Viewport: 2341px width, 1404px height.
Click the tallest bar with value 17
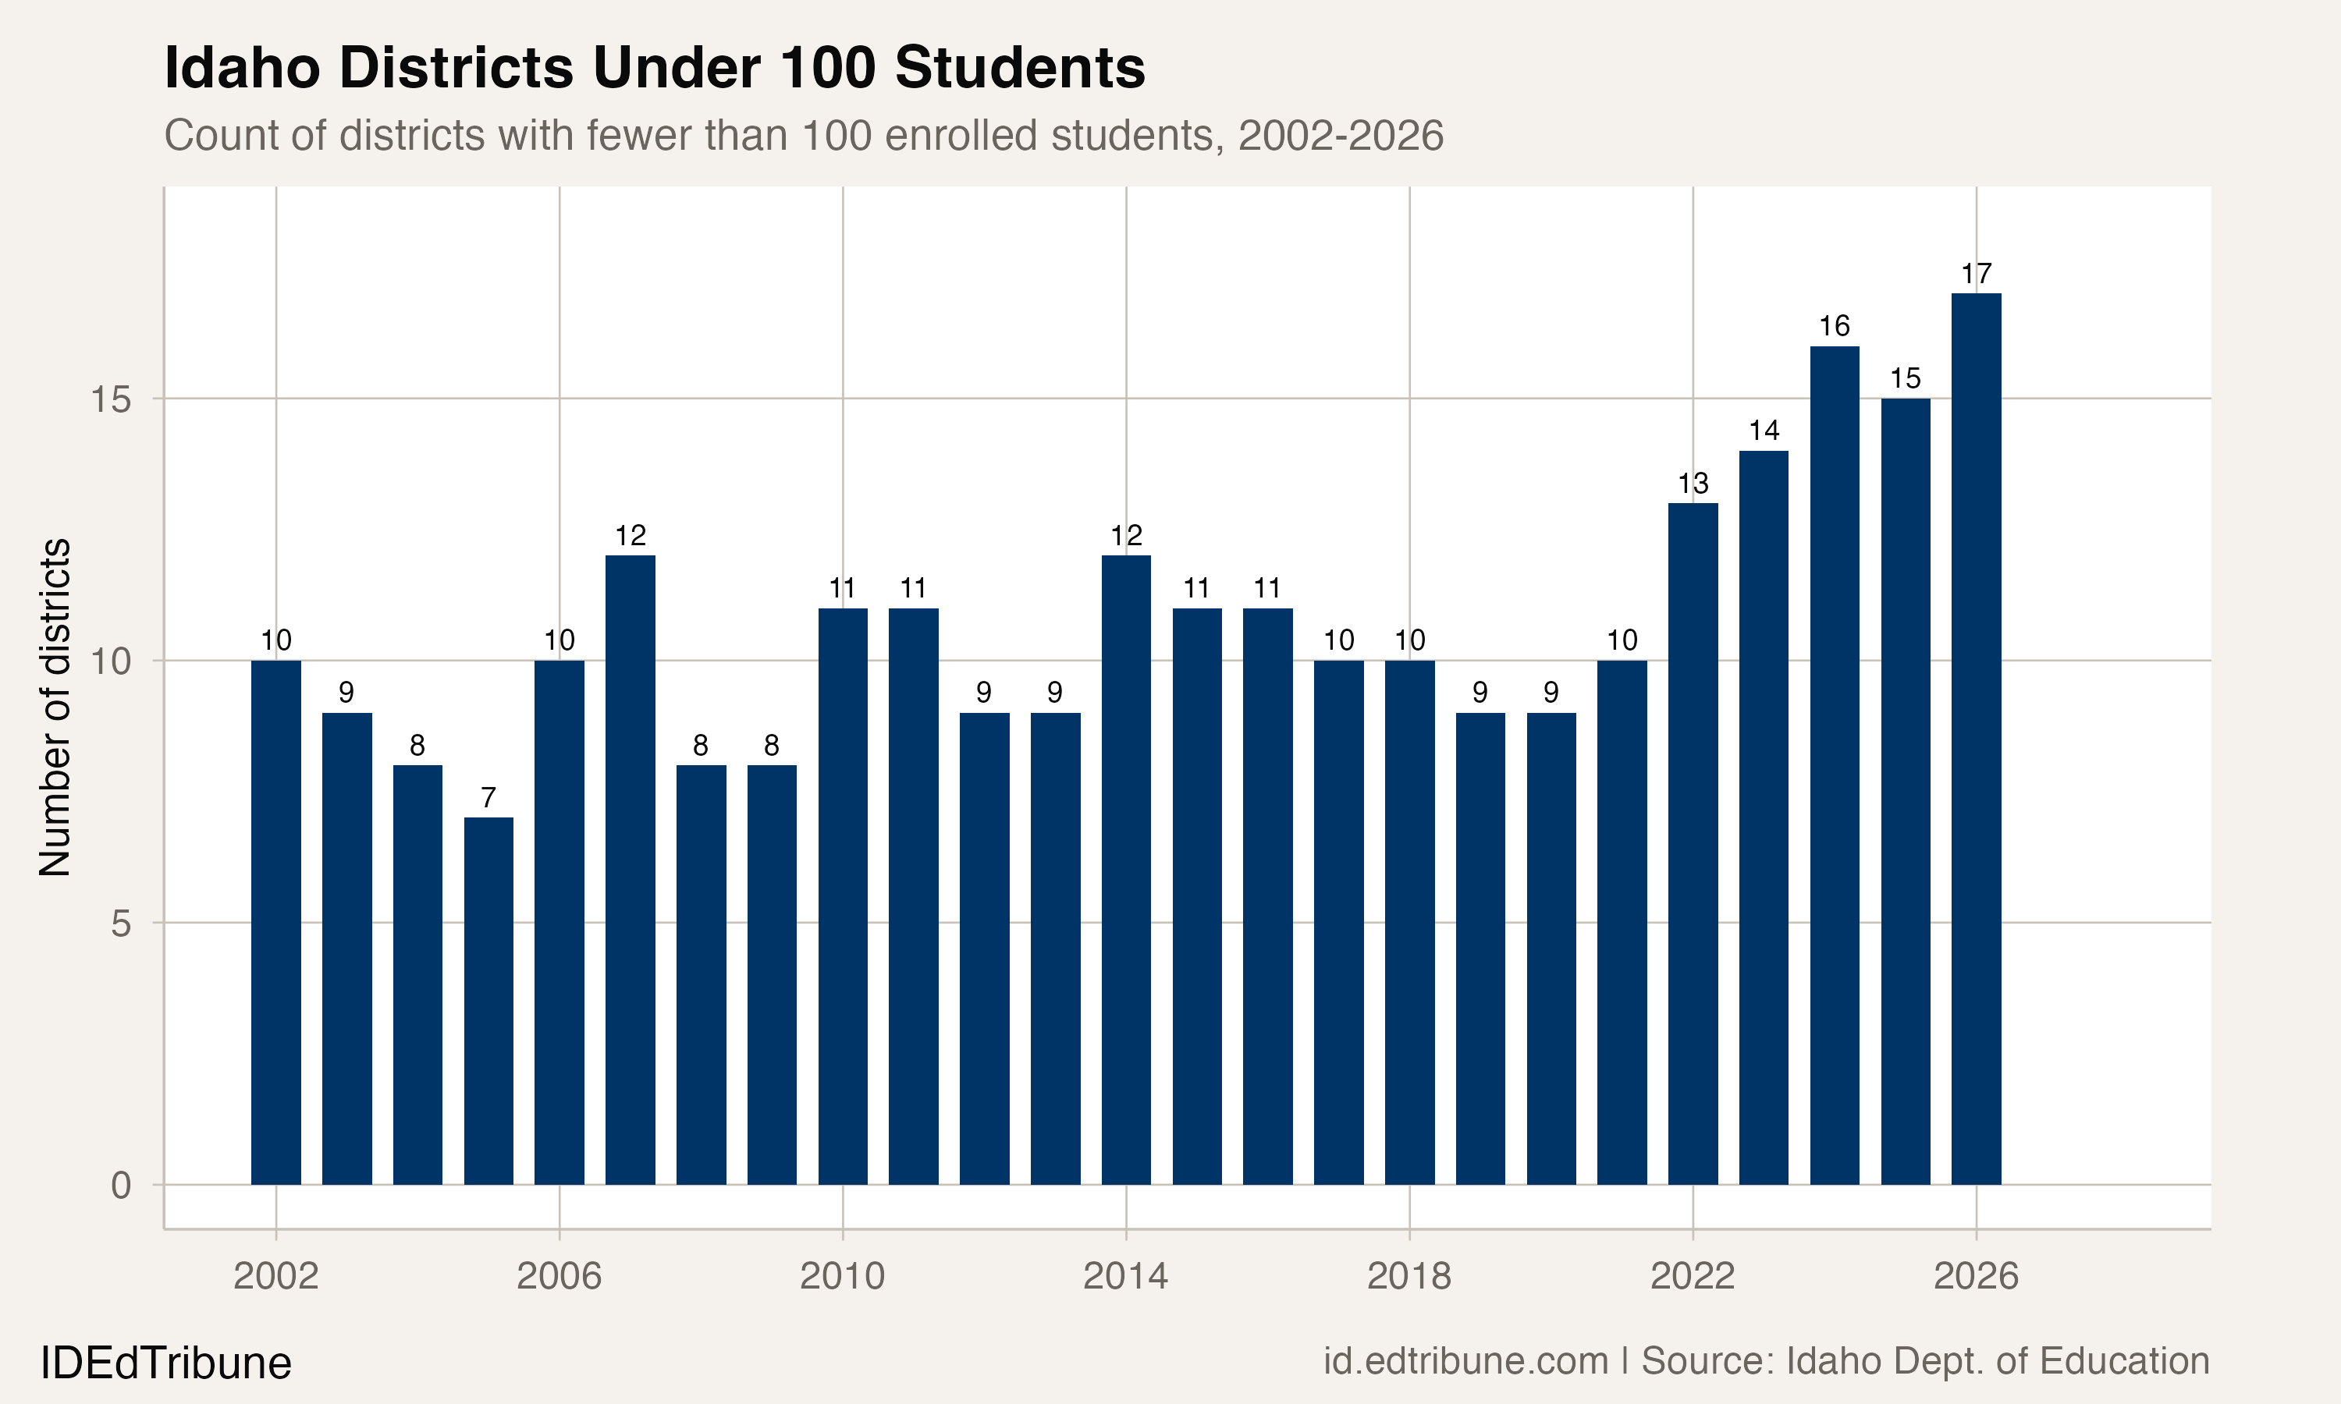(x=1976, y=738)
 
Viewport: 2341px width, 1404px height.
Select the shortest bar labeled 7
(x=488, y=1001)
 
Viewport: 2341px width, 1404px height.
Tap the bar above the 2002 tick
(x=275, y=923)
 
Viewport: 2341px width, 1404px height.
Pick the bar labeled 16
(x=1834, y=764)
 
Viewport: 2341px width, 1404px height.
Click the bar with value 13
(x=1693, y=843)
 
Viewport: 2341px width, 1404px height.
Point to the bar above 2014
(x=1126, y=870)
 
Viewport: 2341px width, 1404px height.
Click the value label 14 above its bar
(x=1764, y=431)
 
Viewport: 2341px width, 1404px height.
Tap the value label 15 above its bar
(x=1905, y=379)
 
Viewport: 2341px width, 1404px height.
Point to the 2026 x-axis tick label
(x=1976, y=1277)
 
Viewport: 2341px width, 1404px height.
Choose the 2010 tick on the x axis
(x=842, y=1277)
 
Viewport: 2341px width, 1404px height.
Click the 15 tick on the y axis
(x=110, y=399)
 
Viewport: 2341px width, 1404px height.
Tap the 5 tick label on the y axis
(x=120, y=924)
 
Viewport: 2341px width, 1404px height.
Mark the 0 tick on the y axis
(x=120, y=1186)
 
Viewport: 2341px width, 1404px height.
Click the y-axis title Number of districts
(x=55, y=707)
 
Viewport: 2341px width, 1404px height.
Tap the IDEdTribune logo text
(x=165, y=1363)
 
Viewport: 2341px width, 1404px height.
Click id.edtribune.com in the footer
(x=1465, y=1361)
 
